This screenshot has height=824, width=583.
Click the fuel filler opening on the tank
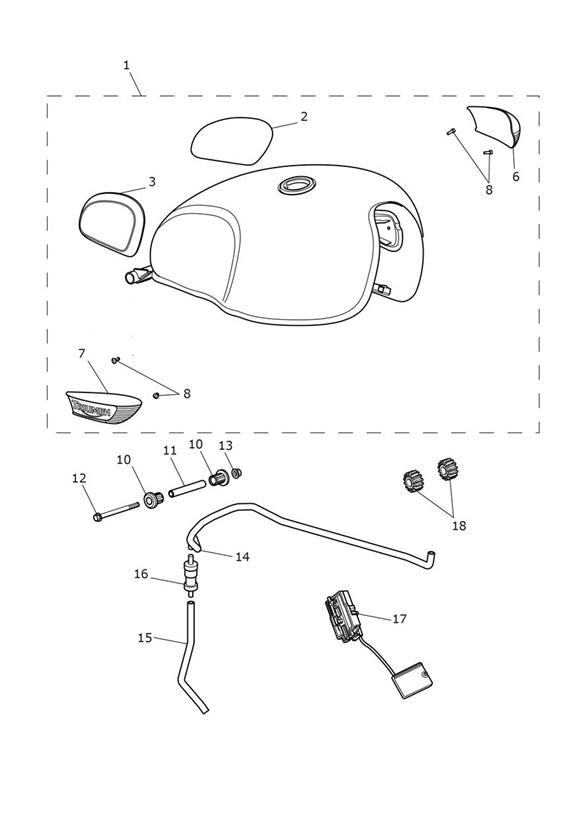tap(297, 184)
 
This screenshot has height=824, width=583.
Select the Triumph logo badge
tap(104, 406)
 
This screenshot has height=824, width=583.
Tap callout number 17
tap(400, 619)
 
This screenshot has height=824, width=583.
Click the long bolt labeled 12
tap(116, 511)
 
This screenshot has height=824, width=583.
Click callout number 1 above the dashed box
tap(126, 65)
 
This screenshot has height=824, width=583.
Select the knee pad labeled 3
tap(112, 223)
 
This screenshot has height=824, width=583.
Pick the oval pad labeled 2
tap(232, 140)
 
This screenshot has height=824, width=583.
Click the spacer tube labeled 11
tap(186, 487)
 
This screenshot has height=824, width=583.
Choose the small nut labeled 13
tap(237, 473)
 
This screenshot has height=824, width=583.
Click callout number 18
tap(459, 526)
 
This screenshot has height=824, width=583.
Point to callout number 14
tap(242, 557)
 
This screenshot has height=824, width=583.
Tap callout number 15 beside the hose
tap(145, 637)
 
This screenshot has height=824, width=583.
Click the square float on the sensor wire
tap(414, 681)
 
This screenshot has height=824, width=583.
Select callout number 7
tap(81, 354)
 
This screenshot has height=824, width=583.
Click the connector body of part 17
tap(344, 616)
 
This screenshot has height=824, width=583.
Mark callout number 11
tap(170, 450)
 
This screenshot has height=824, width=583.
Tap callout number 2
tap(304, 117)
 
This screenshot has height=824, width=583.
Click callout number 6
tap(516, 177)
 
